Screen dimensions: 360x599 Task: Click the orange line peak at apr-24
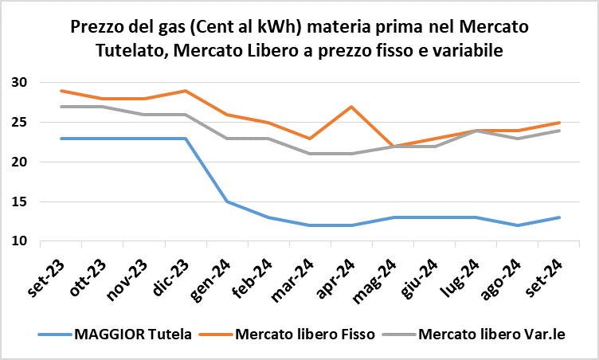click(352, 107)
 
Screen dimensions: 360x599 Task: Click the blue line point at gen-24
click(228, 202)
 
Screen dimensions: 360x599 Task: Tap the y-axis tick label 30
click(20, 83)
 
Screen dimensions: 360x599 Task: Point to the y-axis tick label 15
click(20, 202)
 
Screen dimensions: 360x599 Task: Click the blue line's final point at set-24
click(559, 217)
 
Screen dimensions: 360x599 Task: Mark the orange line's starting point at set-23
click(61, 91)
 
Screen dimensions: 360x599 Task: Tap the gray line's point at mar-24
click(311, 154)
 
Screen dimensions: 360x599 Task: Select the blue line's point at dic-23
click(186, 139)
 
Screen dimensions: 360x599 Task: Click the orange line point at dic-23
click(186, 91)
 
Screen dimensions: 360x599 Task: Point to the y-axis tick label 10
click(20, 241)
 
